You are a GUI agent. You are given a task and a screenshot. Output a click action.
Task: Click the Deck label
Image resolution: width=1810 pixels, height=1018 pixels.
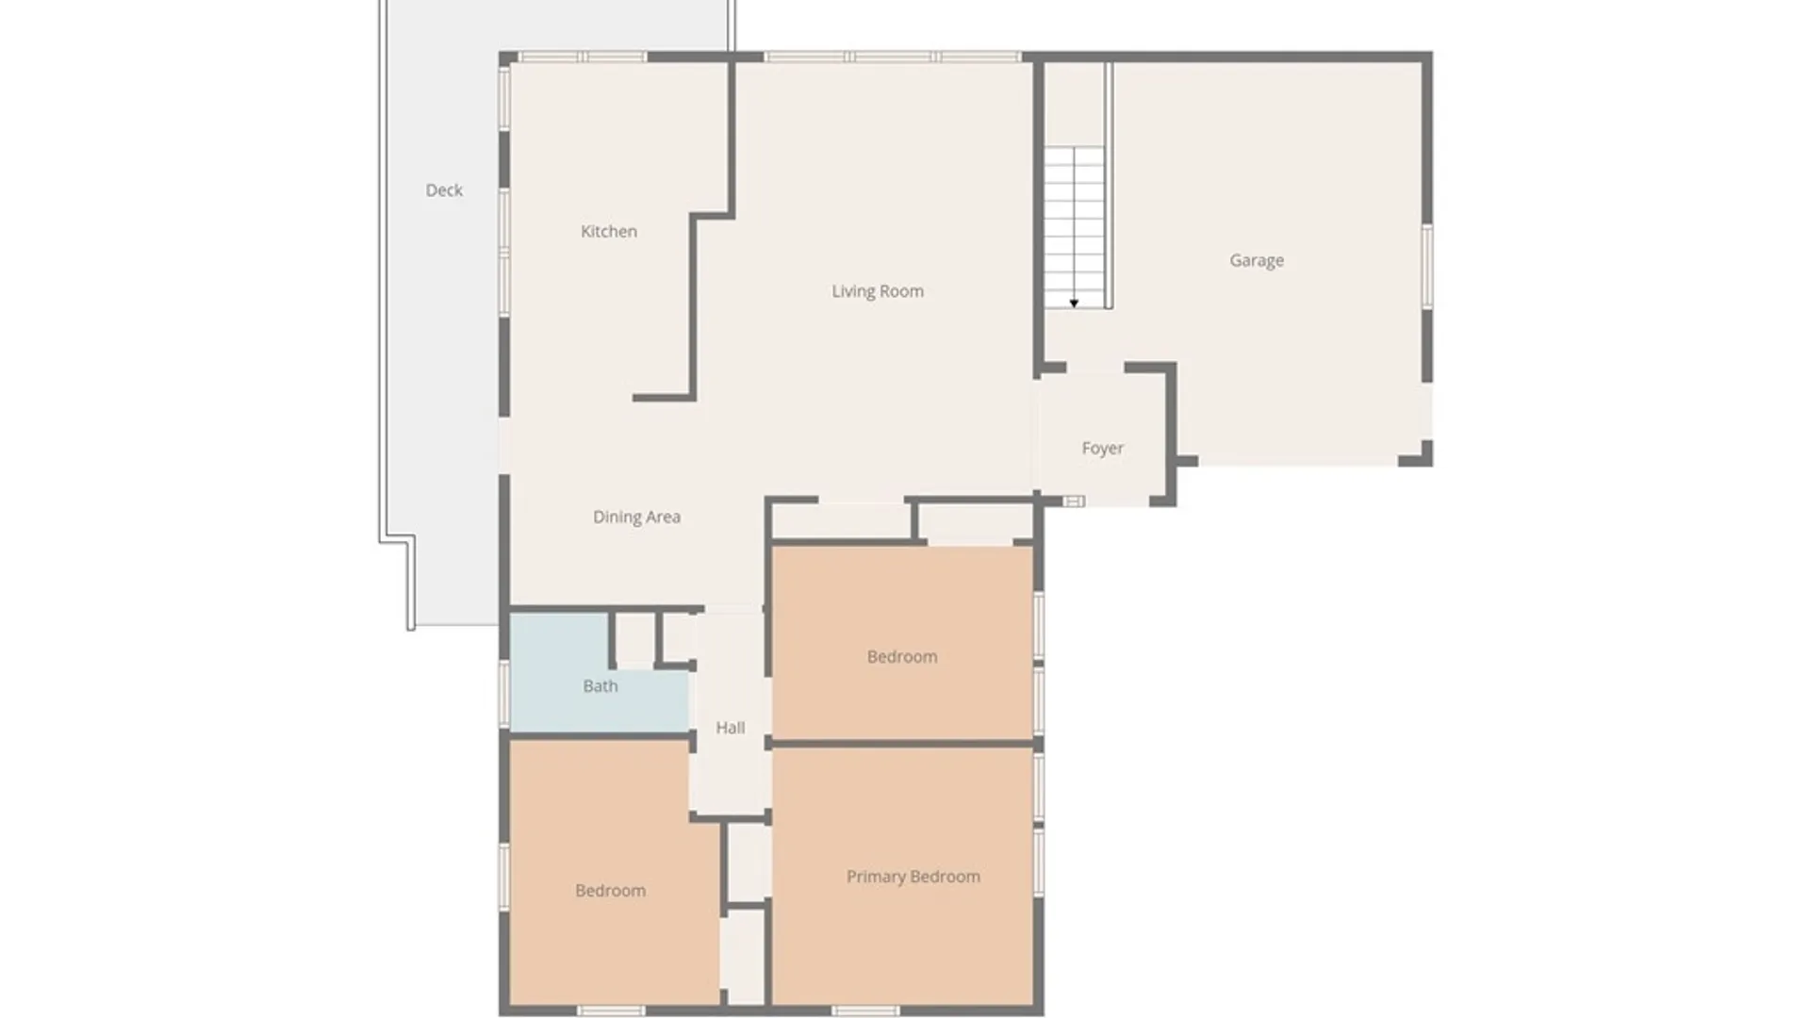pos(444,190)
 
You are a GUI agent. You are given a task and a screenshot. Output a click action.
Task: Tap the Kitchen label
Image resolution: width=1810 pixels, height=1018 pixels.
pos(608,232)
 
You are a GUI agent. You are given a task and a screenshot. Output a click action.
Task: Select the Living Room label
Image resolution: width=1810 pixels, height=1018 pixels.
pos(877,291)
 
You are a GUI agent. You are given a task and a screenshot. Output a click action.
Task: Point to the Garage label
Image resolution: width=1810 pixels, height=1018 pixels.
pos(1256,260)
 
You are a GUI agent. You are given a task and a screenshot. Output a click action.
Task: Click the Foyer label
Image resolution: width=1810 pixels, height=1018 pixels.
pos(1102,449)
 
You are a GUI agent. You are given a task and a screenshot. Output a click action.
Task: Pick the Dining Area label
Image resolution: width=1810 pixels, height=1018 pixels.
pos(636,517)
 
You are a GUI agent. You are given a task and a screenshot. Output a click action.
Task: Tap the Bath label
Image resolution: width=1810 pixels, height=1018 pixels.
pos(600,686)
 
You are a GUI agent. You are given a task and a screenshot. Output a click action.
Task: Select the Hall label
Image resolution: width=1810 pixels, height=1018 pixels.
pos(730,728)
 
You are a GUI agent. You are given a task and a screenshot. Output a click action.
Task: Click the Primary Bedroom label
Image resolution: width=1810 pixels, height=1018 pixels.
pos(913,877)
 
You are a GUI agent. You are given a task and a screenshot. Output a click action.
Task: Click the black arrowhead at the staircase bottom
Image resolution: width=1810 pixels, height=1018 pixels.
pos(1074,304)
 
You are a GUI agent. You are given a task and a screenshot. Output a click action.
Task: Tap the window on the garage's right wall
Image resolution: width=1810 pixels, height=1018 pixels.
pos(1427,265)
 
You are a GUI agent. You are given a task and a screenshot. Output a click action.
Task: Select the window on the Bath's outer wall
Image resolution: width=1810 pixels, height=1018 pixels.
pos(504,693)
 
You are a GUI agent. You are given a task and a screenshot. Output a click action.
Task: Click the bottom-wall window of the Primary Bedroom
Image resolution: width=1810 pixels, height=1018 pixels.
pos(864,1011)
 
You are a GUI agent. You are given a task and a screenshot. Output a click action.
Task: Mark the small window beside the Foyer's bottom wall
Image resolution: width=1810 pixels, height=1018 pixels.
pos(1073,501)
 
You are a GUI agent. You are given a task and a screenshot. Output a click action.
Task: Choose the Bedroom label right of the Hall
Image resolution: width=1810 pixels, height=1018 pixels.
pos(901,657)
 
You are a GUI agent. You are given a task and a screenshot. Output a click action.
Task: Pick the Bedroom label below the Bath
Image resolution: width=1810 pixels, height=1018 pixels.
pos(610,891)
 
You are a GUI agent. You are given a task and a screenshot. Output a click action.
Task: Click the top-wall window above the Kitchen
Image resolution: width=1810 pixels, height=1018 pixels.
pos(584,57)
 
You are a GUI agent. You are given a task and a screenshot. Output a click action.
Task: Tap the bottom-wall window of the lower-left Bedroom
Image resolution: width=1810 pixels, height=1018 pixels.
pos(610,1011)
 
